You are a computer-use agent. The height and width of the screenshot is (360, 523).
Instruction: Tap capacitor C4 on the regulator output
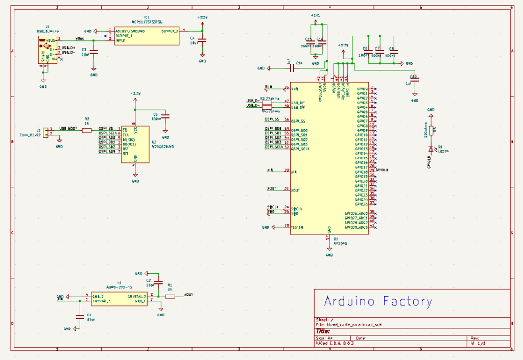pyautogui.click(x=202, y=40)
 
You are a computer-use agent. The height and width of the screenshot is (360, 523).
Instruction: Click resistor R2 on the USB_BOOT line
pyautogui.click(x=87, y=130)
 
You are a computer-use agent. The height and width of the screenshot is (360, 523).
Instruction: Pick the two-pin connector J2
pyautogui.click(x=45, y=133)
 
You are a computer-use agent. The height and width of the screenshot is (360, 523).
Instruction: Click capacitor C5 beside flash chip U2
pyautogui.click(x=165, y=117)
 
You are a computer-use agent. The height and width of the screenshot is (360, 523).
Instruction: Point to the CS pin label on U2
pyautogui.click(x=125, y=129)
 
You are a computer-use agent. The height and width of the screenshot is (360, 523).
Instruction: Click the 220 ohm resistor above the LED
pyautogui.click(x=431, y=130)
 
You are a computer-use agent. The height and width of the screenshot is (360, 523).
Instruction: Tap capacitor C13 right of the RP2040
pyautogui.click(x=415, y=78)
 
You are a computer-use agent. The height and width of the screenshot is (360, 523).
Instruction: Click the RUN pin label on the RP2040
pyautogui.click(x=294, y=89)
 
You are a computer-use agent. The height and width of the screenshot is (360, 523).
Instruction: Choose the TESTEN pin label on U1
pyautogui.click(x=297, y=227)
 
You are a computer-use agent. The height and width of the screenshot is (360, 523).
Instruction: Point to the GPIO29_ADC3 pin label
pyautogui.click(x=356, y=227)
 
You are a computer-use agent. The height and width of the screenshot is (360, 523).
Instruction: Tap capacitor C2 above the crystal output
pyautogui.click(x=158, y=283)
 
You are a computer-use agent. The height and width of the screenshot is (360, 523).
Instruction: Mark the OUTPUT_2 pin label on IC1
pyautogui.click(x=170, y=31)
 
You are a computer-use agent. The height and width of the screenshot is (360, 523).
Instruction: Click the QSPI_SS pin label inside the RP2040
pyautogui.click(x=299, y=121)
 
